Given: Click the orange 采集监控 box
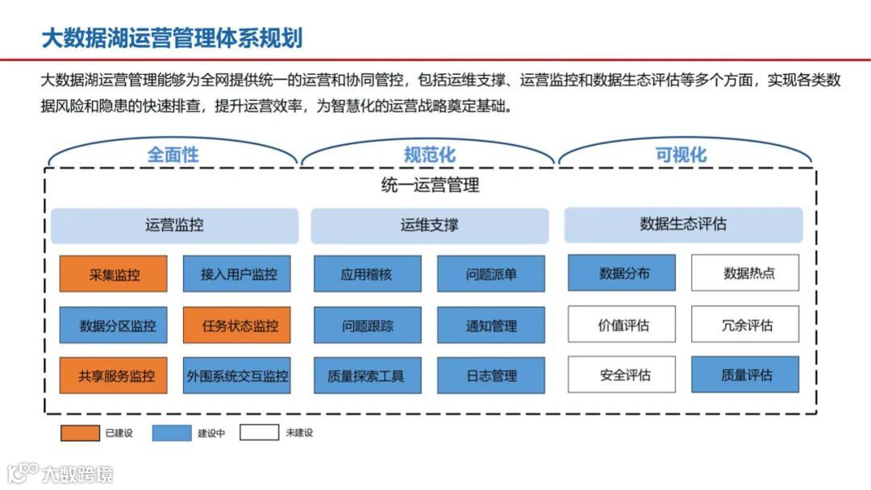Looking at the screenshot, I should click(114, 274).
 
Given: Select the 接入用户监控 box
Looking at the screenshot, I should click(236, 274).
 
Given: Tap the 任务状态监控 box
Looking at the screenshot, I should click(236, 326).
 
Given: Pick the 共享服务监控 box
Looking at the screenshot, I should click(114, 376).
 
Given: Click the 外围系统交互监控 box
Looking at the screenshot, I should click(236, 376).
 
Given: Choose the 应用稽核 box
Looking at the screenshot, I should click(367, 274).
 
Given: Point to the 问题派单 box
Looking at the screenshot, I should click(490, 274).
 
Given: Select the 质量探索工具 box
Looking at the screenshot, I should click(367, 376).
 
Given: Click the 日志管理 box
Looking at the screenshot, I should click(490, 376).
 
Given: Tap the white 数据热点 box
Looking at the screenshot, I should click(745, 273).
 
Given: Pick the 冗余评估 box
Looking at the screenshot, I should click(745, 325).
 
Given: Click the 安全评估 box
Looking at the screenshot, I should click(622, 375).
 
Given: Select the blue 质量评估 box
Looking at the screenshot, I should click(745, 375).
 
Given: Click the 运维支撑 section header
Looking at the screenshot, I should click(429, 226).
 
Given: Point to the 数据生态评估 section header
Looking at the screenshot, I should click(683, 225).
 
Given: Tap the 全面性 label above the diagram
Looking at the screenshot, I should click(173, 155).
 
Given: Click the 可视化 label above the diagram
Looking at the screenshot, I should click(681, 155).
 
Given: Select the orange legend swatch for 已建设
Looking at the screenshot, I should click(80, 433).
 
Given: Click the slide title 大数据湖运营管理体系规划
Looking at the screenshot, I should click(172, 38).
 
